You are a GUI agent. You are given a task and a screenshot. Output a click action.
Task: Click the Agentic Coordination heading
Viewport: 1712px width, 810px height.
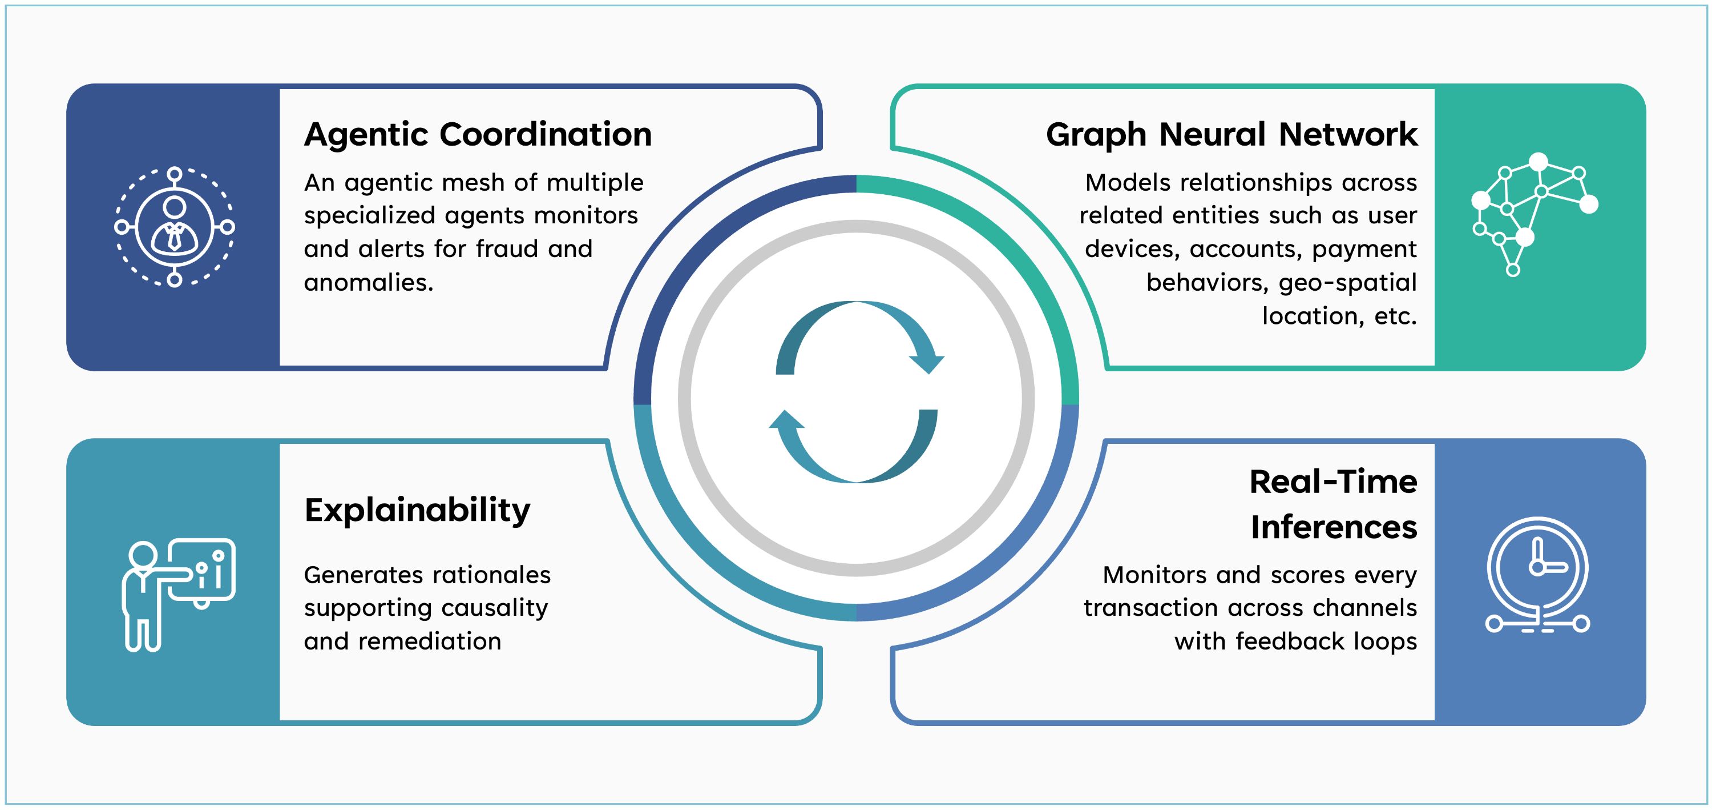coord(478,134)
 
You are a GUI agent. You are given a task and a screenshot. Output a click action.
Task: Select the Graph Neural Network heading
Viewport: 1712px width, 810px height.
coord(1231,134)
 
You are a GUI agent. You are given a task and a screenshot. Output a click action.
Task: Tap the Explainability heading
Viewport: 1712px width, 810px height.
coord(417,510)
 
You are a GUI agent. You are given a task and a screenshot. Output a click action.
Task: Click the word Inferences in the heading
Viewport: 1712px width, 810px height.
coord(1333,527)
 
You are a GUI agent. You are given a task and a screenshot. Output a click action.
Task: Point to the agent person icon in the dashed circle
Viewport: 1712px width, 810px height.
coord(174,227)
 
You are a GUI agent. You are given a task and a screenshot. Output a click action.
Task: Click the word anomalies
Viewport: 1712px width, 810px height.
coord(368,283)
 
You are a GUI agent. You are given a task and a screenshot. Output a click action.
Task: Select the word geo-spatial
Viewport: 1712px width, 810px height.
coord(1348,283)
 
